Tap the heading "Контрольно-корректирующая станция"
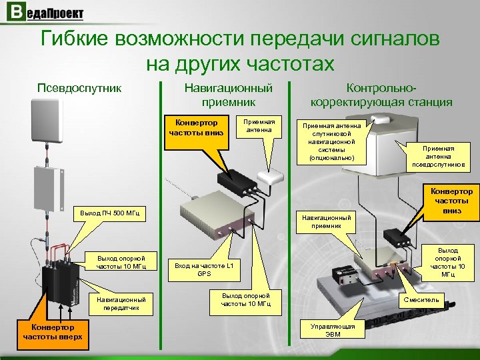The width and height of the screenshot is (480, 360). pyautogui.click(x=381, y=95)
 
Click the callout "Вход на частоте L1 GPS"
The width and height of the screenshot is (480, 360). pyautogui.click(x=204, y=269)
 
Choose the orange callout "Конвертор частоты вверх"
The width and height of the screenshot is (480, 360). pyautogui.click(x=53, y=332)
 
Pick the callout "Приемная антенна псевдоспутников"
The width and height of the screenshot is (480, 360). pyautogui.click(x=438, y=156)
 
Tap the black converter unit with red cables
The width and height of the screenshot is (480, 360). pyautogui.click(x=59, y=273)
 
